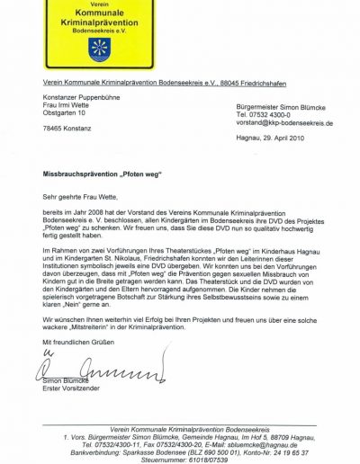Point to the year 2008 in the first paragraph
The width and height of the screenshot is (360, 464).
[94, 210]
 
